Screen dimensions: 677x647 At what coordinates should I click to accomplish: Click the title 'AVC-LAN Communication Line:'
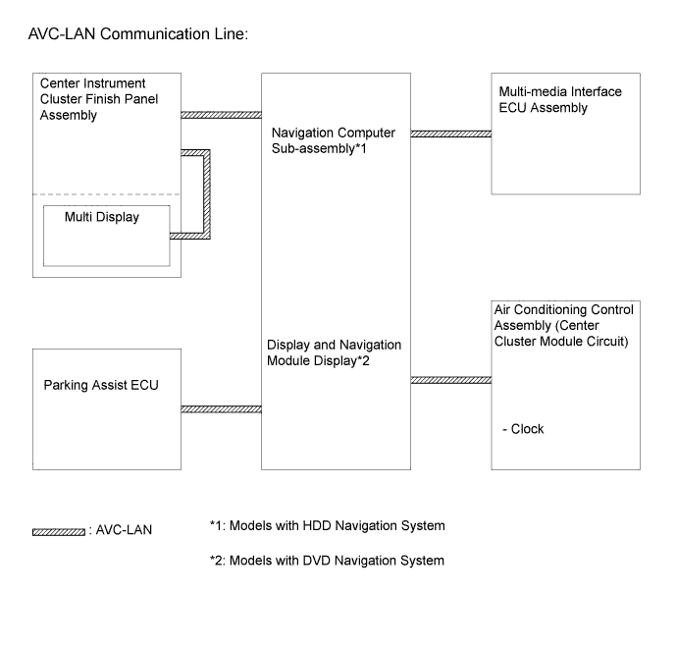point(138,34)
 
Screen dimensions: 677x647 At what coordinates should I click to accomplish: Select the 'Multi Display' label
point(102,217)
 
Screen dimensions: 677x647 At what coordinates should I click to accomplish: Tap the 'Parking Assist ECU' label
point(101,385)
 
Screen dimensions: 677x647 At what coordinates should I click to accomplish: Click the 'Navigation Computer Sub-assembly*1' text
point(334,140)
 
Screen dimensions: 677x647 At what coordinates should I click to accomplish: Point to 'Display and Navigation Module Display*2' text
point(335,352)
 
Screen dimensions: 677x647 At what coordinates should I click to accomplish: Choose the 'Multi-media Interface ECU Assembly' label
point(560,99)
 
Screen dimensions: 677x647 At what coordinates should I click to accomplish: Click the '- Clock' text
point(523,429)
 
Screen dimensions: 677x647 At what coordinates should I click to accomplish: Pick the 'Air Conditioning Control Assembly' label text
point(564,317)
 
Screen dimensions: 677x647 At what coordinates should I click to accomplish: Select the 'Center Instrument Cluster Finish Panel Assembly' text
point(99,99)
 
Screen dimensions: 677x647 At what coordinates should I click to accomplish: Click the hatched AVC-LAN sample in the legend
point(59,532)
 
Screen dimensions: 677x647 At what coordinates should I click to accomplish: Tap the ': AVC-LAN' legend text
point(120,530)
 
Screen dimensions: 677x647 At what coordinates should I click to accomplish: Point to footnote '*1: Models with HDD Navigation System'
point(328,525)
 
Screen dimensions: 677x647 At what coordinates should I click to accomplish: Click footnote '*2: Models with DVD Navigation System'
point(327,561)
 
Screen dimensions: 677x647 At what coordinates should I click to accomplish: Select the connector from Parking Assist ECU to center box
point(221,409)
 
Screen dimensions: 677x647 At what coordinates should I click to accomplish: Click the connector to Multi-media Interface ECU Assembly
point(450,134)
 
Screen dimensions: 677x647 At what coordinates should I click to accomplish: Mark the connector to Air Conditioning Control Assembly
point(450,380)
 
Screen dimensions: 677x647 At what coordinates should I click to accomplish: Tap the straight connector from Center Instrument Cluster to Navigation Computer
point(221,115)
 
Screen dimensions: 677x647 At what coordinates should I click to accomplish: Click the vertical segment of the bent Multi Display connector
point(207,194)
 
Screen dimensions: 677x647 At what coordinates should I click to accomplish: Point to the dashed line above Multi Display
point(107,194)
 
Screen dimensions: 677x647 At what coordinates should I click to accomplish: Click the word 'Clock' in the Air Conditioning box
point(527,429)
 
